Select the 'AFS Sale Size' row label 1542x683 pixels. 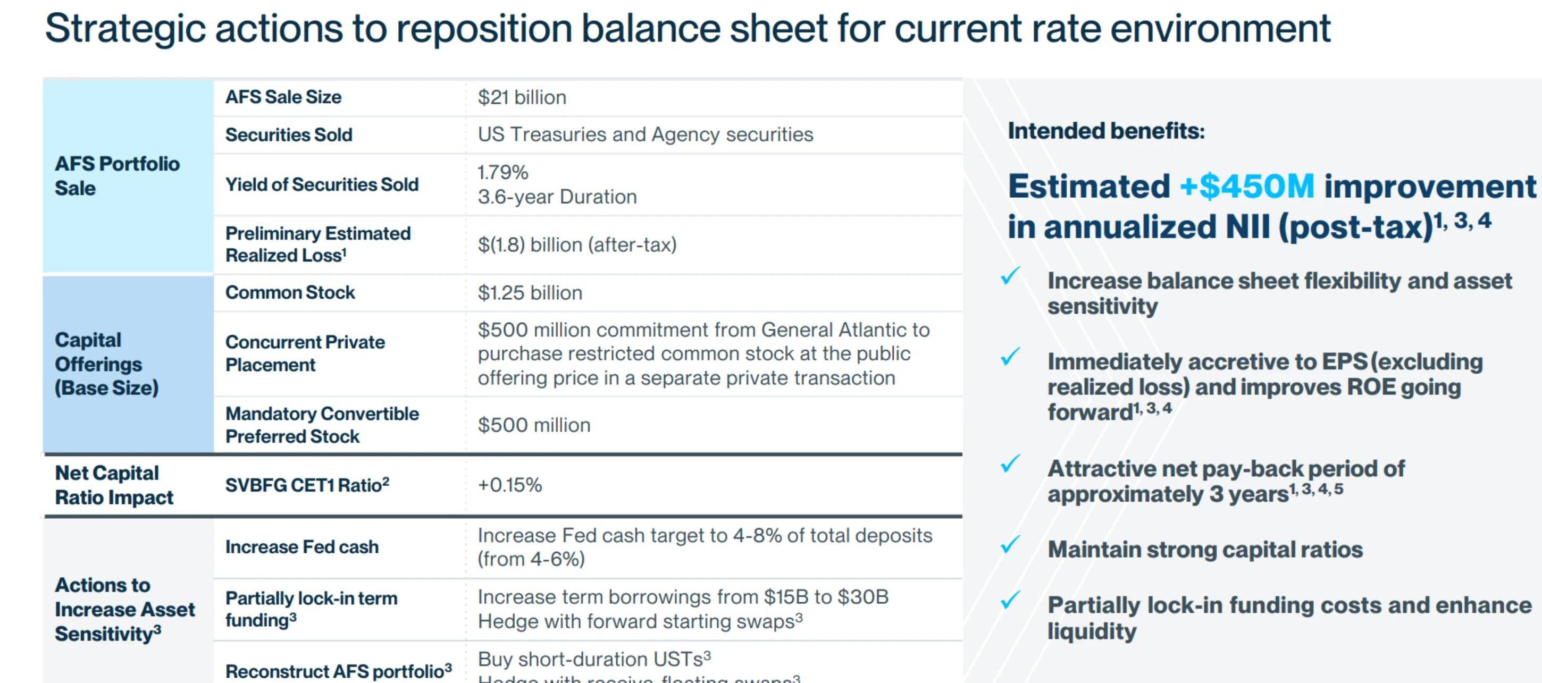pyautogui.click(x=283, y=97)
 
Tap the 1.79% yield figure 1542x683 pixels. pyautogui.click(x=503, y=172)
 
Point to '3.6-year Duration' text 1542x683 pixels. pyautogui.click(x=557, y=197)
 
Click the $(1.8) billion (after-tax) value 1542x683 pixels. pyautogui.click(x=576, y=245)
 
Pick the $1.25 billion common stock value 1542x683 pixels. pyautogui.click(x=530, y=293)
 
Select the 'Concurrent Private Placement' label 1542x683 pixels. pyautogui.click(x=305, y=353)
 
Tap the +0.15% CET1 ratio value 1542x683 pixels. pyautogui.click(x=509, y=485)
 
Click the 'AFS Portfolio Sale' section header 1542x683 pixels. pyautogui.click(x=117, y=175)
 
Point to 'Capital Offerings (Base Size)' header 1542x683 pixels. pyautogui.click(x=106, y=364)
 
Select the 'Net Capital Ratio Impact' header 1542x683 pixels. pyautogui.click(x=114, y=485)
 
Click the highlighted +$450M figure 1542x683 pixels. pyautogui.click(x=1247, y=186)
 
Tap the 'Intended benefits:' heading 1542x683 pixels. pyautogui.click(x=1105, y=131)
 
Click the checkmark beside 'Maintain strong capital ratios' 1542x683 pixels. pyautogui.click(x=1010, y=545)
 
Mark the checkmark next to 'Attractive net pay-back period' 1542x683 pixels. pyautogui.click(x=1010, y=464)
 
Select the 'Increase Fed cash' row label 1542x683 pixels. pyautogui.click(x=301, y=547)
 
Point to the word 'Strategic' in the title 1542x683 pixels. pyautogui.click(x=125, y=28)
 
